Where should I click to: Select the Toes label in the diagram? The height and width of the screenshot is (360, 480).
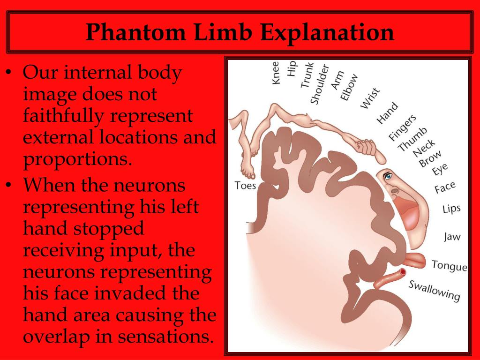[245, 186]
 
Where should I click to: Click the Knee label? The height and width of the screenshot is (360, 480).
[276, 73]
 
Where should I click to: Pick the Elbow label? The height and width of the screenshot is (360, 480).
[349, 87]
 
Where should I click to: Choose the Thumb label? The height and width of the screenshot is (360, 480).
[412, 139]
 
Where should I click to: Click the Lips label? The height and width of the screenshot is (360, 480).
[451, 209]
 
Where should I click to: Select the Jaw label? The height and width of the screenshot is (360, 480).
[452, 237]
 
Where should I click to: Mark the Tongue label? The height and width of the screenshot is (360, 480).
[449, 265]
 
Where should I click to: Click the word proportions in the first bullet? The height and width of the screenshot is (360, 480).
[75, 160]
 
